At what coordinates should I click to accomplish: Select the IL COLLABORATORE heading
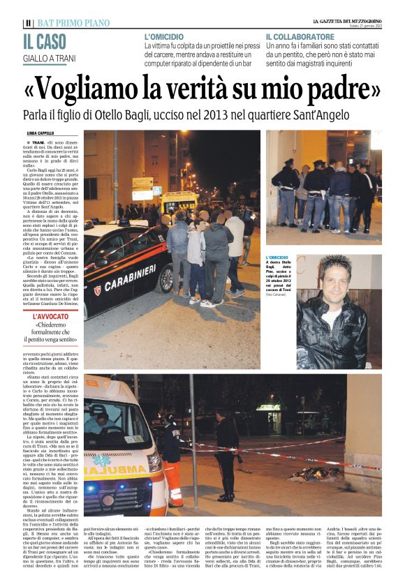300,36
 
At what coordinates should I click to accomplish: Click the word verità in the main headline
224,88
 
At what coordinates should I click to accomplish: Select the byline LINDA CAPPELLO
40,133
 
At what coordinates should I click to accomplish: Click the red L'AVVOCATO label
43,315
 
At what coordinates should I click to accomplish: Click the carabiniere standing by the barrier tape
227,461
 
